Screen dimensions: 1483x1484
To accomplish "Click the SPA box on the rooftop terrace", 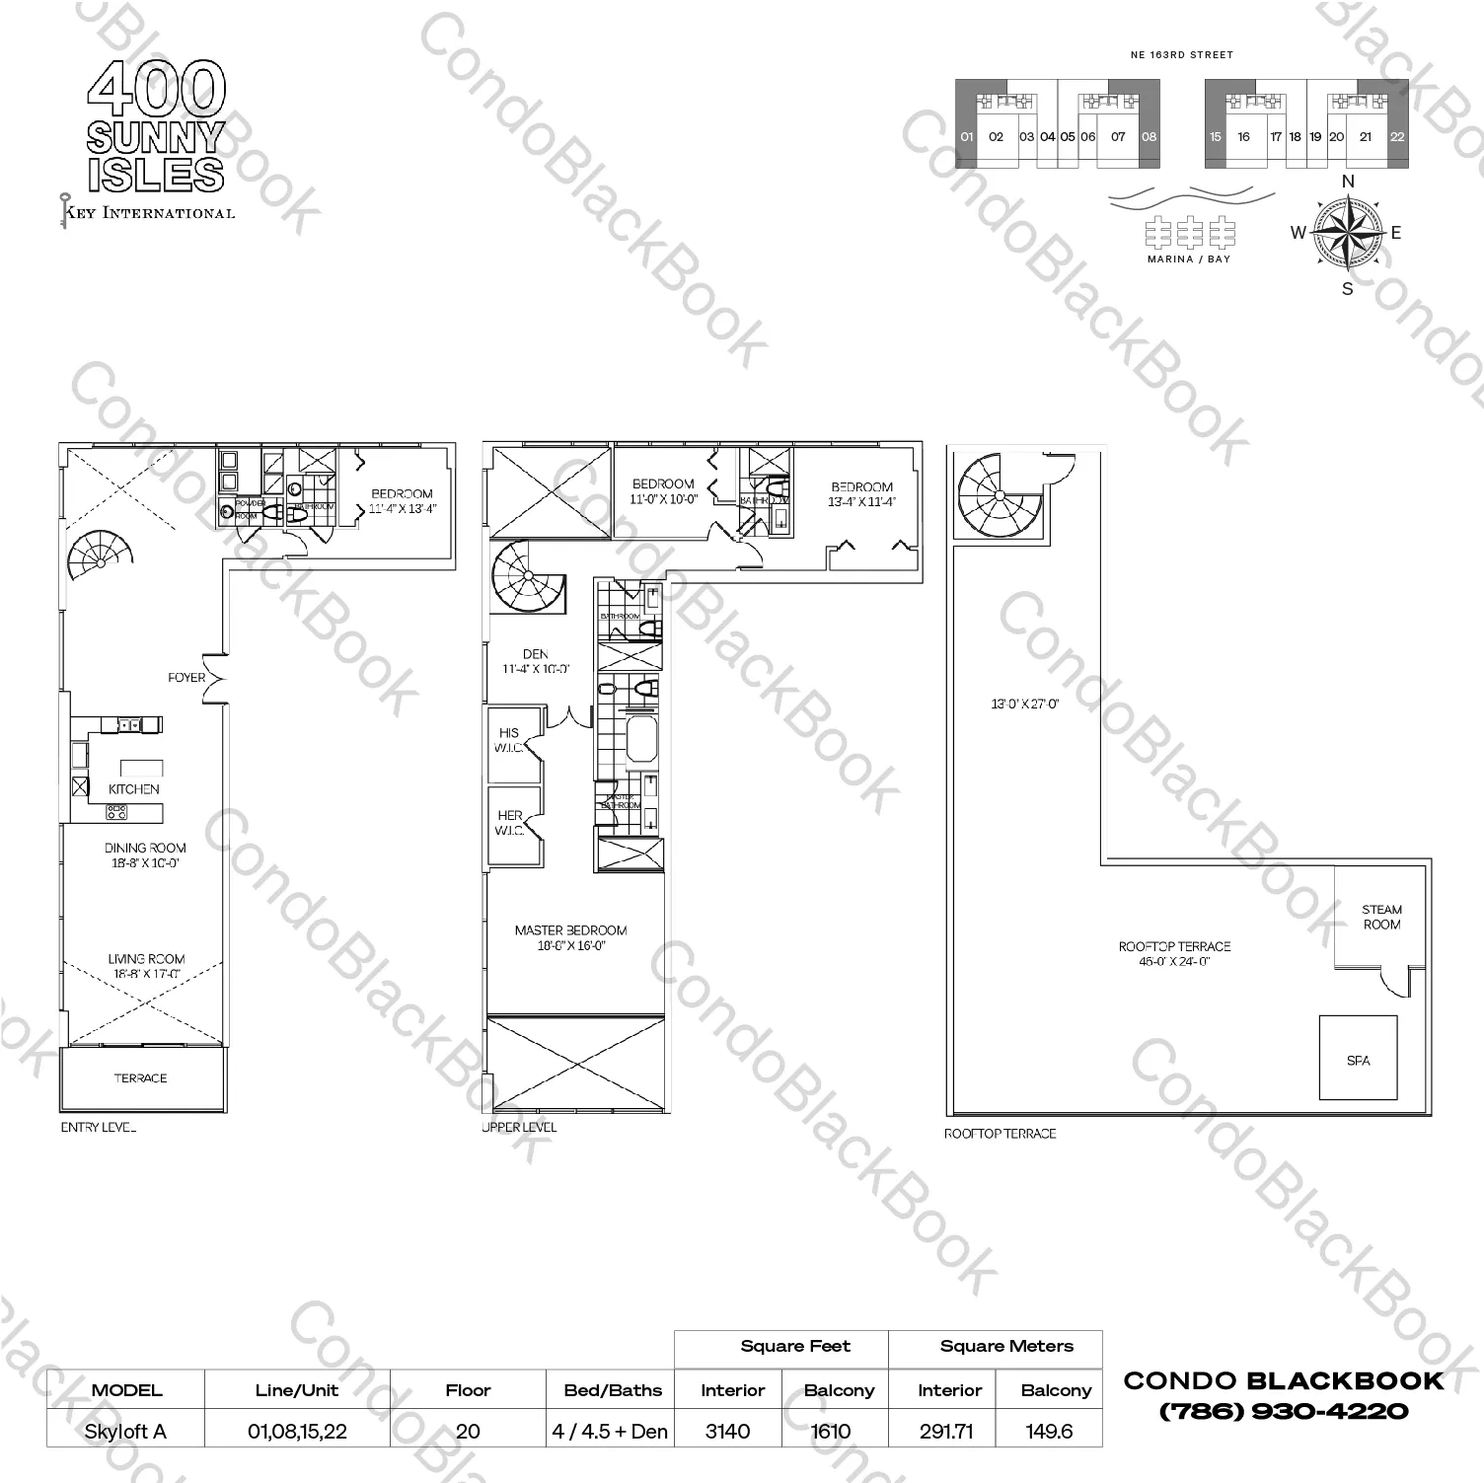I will tap(1358, 1058).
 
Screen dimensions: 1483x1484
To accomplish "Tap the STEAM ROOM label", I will tap(1381, 917).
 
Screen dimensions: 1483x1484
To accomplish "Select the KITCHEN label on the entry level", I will tap(134, 788).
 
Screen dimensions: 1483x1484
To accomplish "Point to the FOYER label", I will tap(186, 677).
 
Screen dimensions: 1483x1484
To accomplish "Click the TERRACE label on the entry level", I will tap(140, 1077).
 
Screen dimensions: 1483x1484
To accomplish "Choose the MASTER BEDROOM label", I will tap(570, 929).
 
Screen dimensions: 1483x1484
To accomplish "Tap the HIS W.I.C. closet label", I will tap(509, 740).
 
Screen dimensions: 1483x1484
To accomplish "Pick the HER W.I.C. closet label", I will tap(509, 823).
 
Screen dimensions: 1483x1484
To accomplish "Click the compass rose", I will tap(1347, 233).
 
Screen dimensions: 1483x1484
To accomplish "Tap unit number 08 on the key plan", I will tap(1149, 137).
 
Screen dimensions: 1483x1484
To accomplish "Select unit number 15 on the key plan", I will tap(1216, 137).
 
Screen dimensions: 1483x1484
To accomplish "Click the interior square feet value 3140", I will tap(727, 1431).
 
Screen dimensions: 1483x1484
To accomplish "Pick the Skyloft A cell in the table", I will tap(125, 1431).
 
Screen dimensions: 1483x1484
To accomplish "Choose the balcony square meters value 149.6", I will tap(1048, 1431).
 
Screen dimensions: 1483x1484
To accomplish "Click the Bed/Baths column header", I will tap(613, 1390).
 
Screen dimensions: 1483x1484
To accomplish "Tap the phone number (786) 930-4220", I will tap(1284, 1411).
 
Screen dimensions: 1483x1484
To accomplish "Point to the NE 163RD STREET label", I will tap(1181, 55).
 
